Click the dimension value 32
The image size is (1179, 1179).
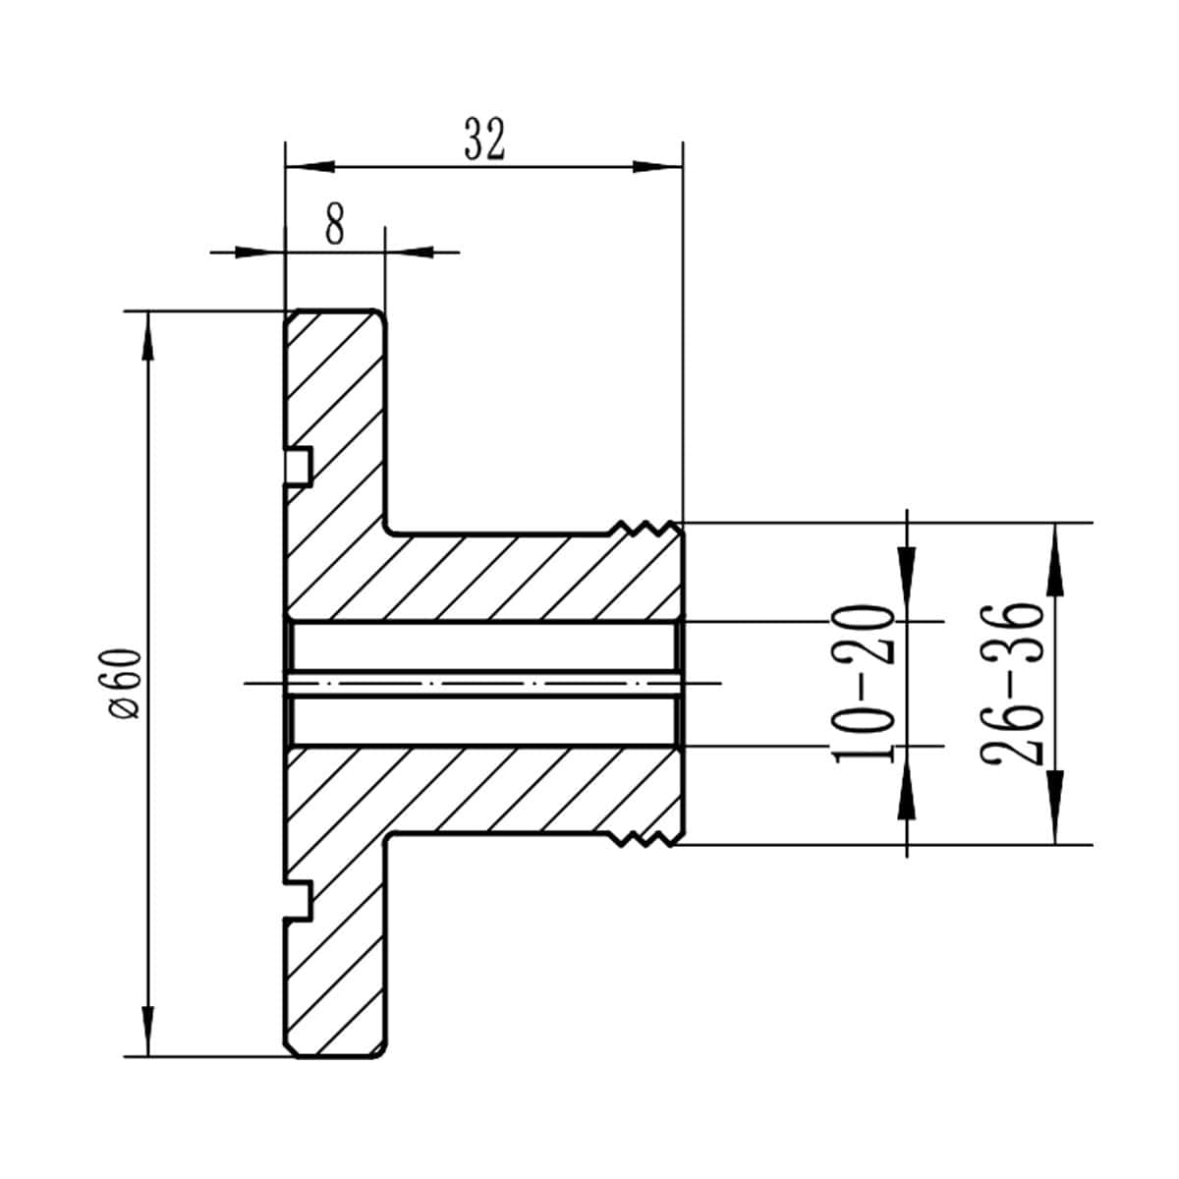(483, 140)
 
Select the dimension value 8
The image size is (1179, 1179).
(334, 226)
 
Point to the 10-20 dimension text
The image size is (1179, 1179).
(863, 684)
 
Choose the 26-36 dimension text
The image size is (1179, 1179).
(1010, 684)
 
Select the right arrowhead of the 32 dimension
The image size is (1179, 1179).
(657, 166)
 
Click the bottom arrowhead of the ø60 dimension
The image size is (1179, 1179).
(148, 1032)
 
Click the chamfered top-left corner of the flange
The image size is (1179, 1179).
(290, 315)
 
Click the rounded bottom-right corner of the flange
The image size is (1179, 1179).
(378, 1052)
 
